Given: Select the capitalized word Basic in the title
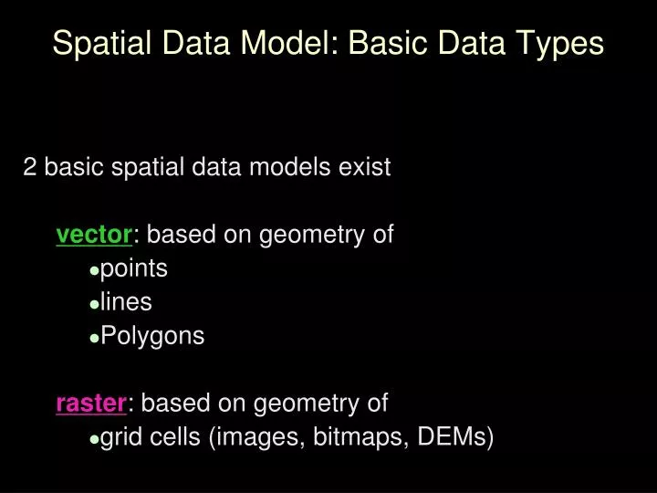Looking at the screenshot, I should (x=381, y=43).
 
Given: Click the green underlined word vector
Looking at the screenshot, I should (x=94, y=235).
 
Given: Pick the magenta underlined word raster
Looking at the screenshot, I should (x=91, y=403).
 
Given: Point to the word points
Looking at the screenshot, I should (x=134, y=269).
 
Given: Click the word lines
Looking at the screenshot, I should (x=126, y=302).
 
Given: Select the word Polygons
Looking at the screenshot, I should (x=152, y=336).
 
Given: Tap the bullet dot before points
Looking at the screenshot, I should (x=95, y=270).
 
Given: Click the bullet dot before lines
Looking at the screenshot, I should (x=95, y=303).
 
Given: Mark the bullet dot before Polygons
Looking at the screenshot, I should (x=95, y=337).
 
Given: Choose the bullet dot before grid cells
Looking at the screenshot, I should (x=95, y=439).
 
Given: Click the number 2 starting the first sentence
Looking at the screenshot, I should (x=30, y=167).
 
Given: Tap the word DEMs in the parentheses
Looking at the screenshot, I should (x=453, y=437).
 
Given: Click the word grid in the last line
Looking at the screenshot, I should (x=120, y=437).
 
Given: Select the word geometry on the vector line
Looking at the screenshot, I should (x=308, y=236).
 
